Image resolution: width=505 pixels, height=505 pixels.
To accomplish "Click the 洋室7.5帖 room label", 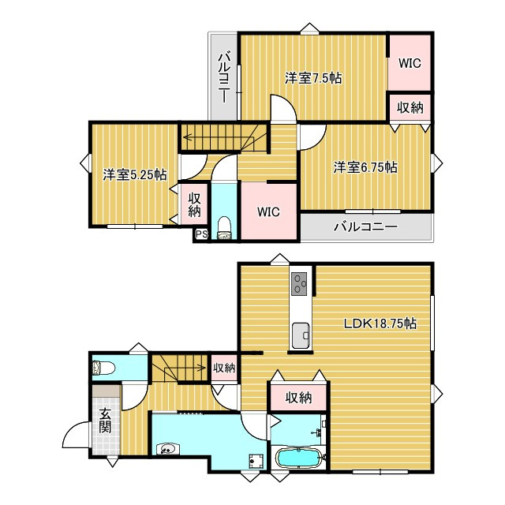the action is [x=312, y=78].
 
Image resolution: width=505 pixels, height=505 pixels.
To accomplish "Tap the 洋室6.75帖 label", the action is [x=365, y=167].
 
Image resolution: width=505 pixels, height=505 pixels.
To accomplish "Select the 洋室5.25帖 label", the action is [x=135, y=175].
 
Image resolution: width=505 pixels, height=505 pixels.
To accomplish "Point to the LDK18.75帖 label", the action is [x=380, y=323].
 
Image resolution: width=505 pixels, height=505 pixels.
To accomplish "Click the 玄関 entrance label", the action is [x=105, y=421].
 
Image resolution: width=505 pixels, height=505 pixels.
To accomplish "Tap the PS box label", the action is [x=202, y=234].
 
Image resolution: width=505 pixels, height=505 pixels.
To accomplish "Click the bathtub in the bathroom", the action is [x=298, y=458].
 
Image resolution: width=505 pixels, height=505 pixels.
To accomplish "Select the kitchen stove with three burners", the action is [x=299, y=283].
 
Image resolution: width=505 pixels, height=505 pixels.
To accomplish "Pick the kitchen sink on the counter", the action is [x=301, y=335].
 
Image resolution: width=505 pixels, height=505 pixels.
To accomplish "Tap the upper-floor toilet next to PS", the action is [x=224, y=228].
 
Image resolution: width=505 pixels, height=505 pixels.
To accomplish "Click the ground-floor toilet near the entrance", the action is [x=103, y=368].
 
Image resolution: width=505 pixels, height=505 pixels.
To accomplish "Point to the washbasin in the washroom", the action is [x=168, y=448].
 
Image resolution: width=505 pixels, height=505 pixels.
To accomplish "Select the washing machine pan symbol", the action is [x=256, y=461].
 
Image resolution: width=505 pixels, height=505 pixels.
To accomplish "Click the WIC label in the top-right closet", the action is [x=410, y=63].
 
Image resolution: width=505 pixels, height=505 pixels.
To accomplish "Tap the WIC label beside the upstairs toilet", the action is [x=268, y=212].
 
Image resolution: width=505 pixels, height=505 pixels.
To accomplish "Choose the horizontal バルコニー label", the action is [x=365, y=227].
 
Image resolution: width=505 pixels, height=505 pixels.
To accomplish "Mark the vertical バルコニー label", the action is [x=224, y=78].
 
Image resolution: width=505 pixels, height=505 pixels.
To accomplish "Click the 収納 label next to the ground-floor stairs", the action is [x=224, y=368].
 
